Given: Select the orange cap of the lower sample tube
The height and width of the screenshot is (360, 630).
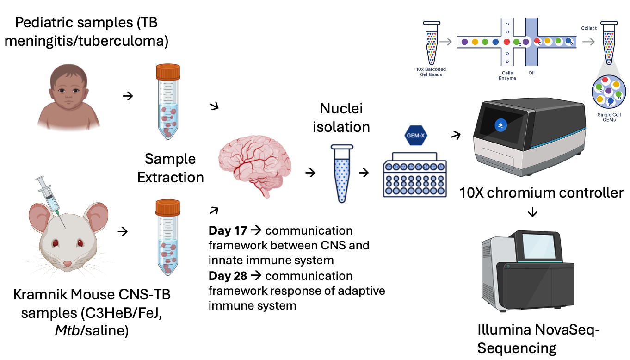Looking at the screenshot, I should tap(167, 207).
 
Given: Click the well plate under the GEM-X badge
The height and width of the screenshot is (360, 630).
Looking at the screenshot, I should tap(415, 179).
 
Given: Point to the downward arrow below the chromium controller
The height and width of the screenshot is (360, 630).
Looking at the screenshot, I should tap(532, 212).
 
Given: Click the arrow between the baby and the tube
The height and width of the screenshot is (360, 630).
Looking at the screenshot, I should tap(127, 96).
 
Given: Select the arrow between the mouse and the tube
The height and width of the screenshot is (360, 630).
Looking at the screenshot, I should tap(124, 231).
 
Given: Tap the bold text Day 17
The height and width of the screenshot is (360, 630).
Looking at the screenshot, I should tap(228, 230).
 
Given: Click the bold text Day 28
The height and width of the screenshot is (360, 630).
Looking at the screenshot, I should tap(228, 276).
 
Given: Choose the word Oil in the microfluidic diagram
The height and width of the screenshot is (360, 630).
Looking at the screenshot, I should tap(531, 73).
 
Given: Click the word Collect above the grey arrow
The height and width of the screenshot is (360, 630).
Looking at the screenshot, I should tap(589, 28).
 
